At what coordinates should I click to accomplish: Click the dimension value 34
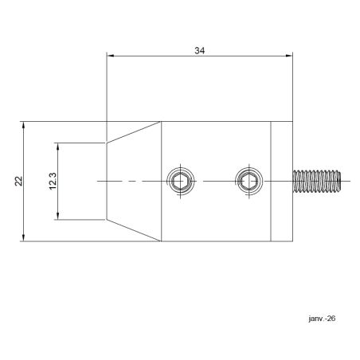tap(200, 50)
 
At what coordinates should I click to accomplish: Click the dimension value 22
tap(18, 181)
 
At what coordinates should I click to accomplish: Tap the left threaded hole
tap(179, 181)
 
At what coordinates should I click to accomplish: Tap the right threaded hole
tap(248, 181)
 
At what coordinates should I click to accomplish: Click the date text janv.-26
tap(321, 319)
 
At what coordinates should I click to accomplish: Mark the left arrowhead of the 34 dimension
tap(112, 57)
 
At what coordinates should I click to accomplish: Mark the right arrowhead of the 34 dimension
tap(289, 57)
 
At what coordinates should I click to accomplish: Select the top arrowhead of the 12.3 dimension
tap(59, 147)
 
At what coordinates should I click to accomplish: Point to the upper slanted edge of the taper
tap(134, 132)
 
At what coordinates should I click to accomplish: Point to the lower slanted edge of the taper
tap(134, 230)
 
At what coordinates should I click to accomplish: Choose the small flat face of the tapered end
tap(107, 181)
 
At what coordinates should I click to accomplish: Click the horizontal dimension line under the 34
tap(159, 57)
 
